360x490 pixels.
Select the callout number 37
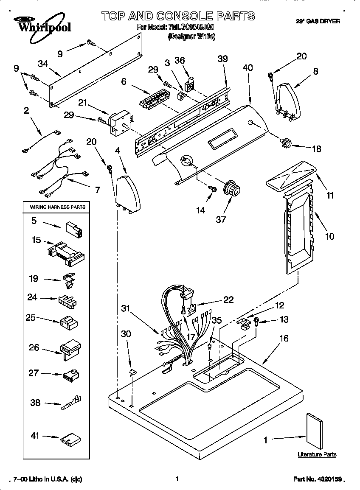click(x=221, y=219)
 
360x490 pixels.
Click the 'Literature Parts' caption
click(x=317, y=454)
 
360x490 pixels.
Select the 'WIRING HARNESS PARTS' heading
click(x=57, y=207)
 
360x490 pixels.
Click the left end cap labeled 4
click(x=128, y=194)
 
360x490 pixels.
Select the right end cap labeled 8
click(x=287, y=102)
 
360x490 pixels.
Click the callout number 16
click(x=284, y=338)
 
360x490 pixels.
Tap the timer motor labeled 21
click(x=120, y=121)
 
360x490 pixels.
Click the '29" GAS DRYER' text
click(x=318, y=21)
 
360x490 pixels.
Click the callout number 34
click(x=42, y=64)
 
